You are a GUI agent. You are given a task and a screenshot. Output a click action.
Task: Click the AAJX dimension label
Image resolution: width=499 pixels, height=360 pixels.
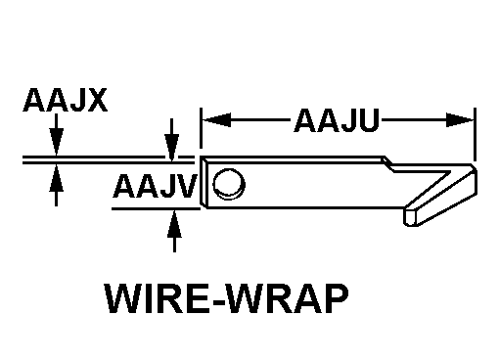66,100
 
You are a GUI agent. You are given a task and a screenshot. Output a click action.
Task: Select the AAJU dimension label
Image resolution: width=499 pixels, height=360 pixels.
337,120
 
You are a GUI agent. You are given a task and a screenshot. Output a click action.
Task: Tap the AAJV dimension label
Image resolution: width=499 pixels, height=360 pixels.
156,186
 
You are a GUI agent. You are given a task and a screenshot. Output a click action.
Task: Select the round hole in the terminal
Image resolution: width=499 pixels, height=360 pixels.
229,184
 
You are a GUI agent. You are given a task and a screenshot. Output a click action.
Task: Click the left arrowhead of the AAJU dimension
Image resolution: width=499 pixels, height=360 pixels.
216,120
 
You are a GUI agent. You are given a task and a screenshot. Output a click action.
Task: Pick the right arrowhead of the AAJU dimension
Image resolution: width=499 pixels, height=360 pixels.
460,120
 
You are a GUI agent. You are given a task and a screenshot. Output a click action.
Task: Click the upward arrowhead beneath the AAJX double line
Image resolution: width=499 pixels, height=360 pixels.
56,178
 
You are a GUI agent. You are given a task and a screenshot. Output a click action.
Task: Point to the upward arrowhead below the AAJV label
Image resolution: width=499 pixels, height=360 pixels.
174,224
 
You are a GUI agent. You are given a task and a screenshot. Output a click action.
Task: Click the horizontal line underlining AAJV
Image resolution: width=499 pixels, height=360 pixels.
156,208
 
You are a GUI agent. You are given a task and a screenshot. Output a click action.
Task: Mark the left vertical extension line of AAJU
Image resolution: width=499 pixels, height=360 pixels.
201,128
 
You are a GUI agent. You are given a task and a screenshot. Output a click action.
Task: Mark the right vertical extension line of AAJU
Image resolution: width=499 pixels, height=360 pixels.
475,134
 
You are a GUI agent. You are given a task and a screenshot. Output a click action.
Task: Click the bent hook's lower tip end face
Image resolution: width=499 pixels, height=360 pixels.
411,217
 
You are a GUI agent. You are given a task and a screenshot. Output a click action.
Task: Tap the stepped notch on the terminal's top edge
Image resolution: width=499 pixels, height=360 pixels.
389,164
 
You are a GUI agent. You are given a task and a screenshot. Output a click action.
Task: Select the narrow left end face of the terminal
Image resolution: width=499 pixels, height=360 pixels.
204,181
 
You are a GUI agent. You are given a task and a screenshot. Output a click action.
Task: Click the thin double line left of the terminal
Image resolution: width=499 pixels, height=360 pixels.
109,159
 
